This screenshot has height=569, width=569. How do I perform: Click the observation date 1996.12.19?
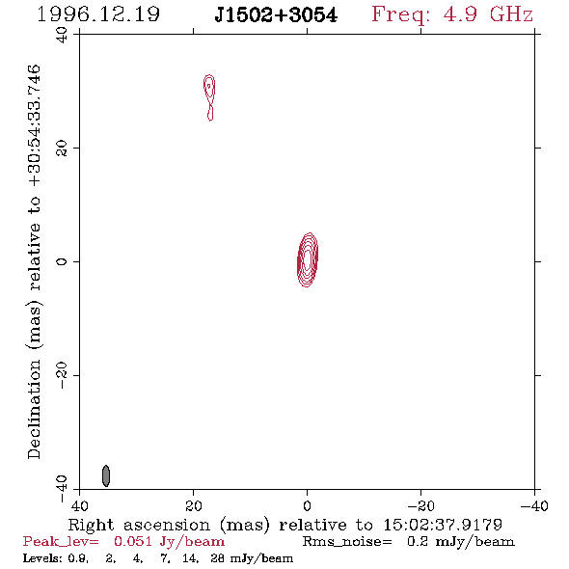[x=98, y=14]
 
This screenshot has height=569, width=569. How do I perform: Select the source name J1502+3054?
[x=276, y=14]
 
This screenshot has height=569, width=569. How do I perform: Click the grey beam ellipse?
[x=106, y=475]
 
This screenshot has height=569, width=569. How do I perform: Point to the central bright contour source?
[x=308, y=259]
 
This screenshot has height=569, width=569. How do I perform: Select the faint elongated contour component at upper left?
[x=209, y=97]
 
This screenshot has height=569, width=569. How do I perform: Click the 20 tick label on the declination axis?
[x=62, y=149]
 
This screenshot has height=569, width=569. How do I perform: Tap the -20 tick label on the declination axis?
[x=62, y=375]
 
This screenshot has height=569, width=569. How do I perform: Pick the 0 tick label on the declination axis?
[x=62, y=261]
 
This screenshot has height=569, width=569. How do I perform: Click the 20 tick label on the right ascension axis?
[x=194, y=506]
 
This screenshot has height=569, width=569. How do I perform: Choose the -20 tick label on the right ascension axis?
[x=420, y=506]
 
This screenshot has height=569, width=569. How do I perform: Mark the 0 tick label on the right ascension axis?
[x=308, y=506]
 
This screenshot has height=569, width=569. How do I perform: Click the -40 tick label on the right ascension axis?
[x=534, y=506]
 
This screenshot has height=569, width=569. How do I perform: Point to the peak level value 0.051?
[x=133, y=541]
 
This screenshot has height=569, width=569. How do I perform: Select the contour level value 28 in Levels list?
[x=217, y=557]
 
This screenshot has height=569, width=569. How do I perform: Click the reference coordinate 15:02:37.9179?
[x=443, y=525]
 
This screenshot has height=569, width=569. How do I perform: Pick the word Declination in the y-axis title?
[x=34, y=410]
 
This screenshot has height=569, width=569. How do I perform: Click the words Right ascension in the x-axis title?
[x=139, y=525]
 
